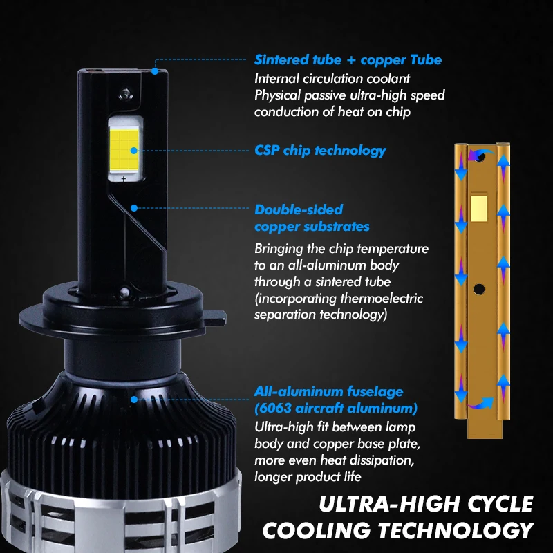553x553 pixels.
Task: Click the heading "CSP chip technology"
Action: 320,150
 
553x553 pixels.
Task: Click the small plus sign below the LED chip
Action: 124,179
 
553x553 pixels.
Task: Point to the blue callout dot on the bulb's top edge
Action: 156,70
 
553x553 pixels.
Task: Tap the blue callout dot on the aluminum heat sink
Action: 133,399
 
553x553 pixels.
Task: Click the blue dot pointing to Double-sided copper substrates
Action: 133,206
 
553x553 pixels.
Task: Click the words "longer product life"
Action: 308,476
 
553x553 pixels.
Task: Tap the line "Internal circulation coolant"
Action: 332,78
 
